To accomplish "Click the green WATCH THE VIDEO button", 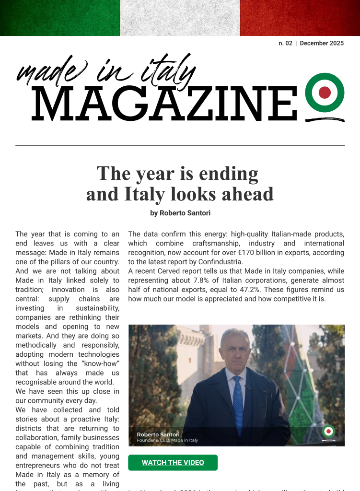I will click(173, 463).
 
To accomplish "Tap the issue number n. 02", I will click(285, 43).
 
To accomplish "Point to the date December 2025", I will click(322, 43).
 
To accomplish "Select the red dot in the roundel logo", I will click(325, 93).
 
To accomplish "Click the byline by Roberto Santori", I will click(180, 213).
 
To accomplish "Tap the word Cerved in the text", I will click(168, 271).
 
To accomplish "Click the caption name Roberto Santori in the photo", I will click(154, 434).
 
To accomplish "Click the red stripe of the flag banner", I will click(300, 18).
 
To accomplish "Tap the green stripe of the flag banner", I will click(60, 18).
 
